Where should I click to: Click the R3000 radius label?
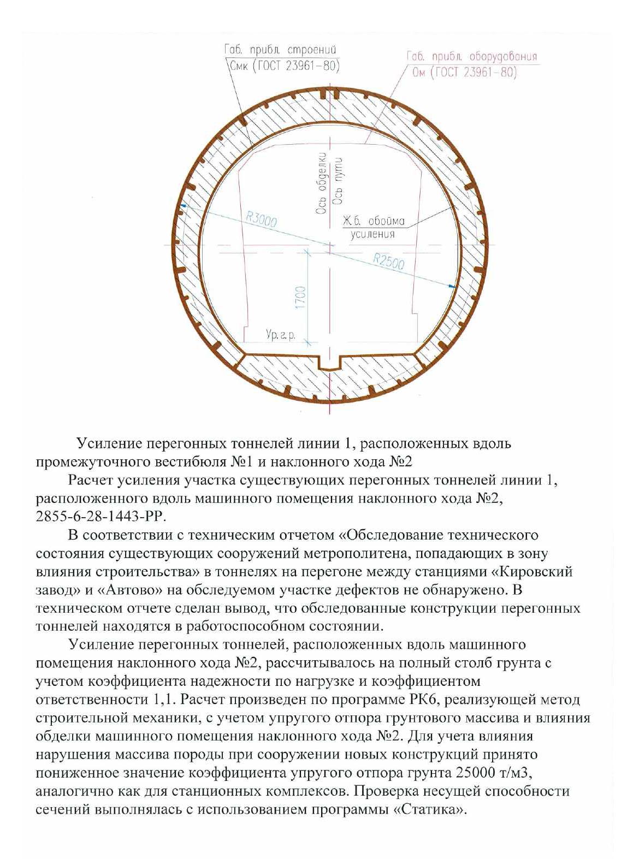pyautogui.click(x=261, y=219)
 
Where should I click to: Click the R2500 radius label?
pyautogui.click(x=389, y=262)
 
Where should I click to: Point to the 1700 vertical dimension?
pyautogui.click(x=300, y=297)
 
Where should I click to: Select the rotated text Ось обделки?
pyautogui.click(x=322, y=182)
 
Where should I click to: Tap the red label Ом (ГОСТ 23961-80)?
pyautogui.click(x=464, y=72)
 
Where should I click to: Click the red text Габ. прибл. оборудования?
pyautogui.click(x=472, y=56)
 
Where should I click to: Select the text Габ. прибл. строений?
pyautogui.click(x=280, y=50)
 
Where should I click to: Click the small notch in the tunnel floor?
pyautogui.click(x=329, y=362)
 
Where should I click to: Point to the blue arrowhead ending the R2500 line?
pyautogui.click(x=451, y=286)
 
